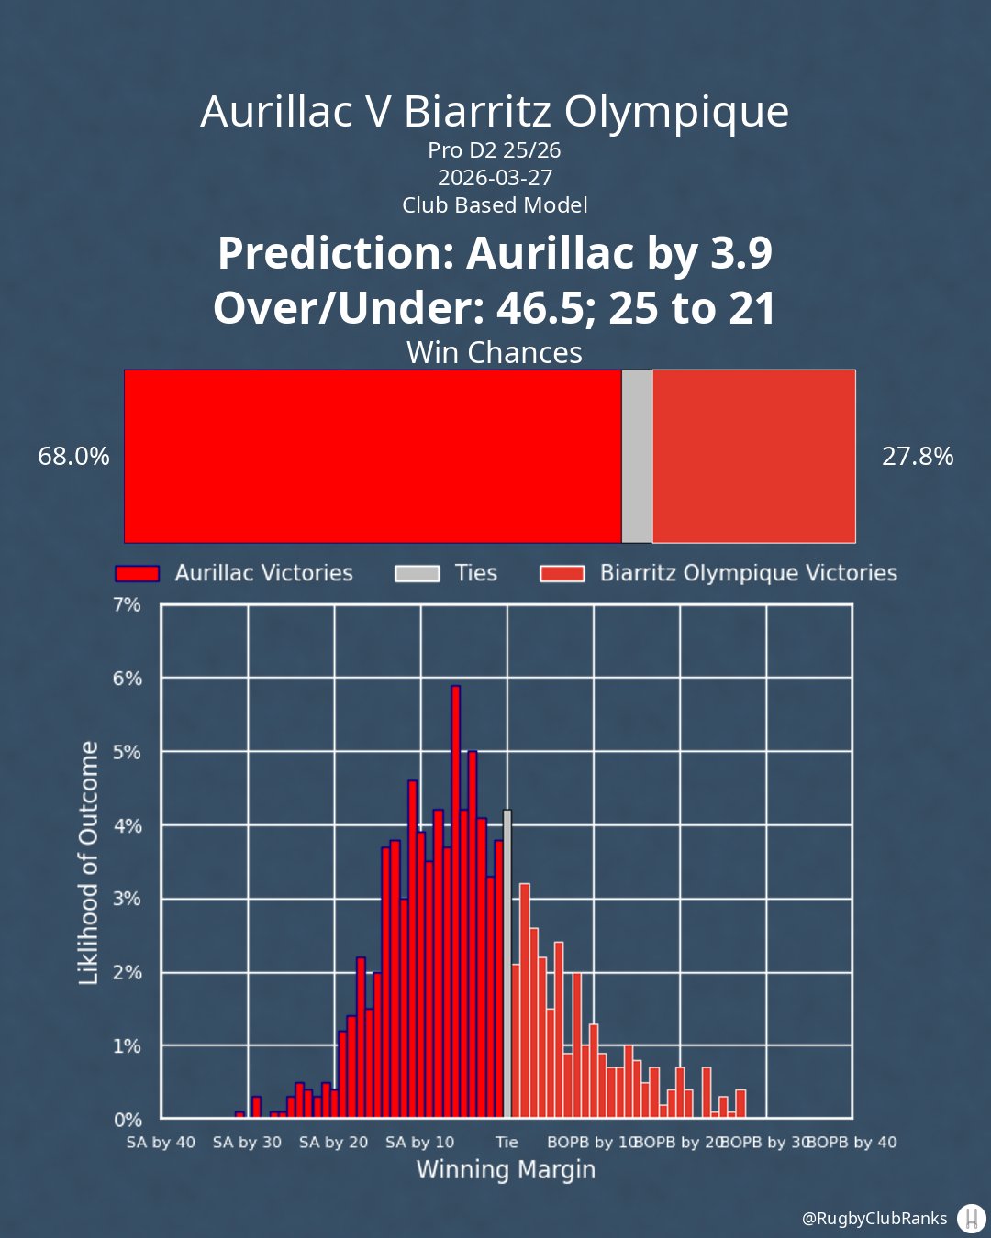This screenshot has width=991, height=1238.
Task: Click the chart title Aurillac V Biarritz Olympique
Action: coord(495,112)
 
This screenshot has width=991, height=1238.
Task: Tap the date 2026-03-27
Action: coord(495,177)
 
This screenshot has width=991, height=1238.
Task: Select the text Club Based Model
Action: coord(495,204)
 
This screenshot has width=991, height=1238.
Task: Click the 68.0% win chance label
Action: coord(73,456)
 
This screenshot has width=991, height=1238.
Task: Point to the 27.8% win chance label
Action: coord(918,456)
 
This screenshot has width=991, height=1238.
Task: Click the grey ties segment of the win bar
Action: coord(637,456)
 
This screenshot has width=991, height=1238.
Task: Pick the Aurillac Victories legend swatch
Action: coord(137,573)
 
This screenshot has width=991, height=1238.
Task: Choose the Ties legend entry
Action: coord(475,573)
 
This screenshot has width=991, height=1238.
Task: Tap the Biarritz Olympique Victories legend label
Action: coord(749,573)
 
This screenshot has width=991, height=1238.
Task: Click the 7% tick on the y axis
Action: coord(128,605)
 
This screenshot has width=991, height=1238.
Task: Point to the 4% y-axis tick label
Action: coord(128,825)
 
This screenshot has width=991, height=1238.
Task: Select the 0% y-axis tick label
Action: coord(128,1120)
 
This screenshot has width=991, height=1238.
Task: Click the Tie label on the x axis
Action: coord(507,1143)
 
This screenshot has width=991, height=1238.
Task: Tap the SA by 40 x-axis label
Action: coord(161,1143)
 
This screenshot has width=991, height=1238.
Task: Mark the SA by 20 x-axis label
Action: coord(333,1143)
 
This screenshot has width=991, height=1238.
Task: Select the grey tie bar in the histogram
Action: coord(507,963)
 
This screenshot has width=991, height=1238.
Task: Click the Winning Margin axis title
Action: coord(506,1170)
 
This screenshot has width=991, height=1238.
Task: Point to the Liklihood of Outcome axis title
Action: coord(89,863)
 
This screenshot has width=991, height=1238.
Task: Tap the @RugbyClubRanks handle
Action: coord(874,1219)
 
